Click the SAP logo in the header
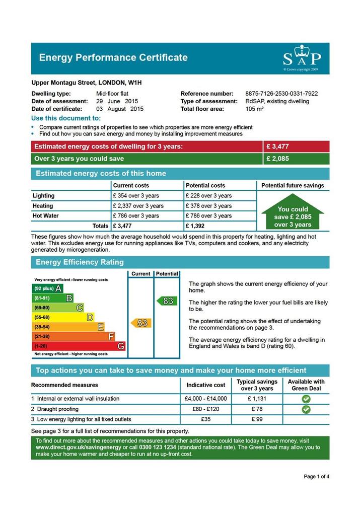click(x=301, y=57)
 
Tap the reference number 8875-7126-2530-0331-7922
click(x=281, y=94)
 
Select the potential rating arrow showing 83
click(x=167, y=301)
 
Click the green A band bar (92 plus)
click(x=48, y=288)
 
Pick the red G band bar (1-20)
click(x=79, y=346)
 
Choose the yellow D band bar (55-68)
click(x=63, y=317)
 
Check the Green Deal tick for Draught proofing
click(x=306, y=409)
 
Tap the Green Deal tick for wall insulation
click(x=306, y=399)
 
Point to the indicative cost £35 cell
click(x=205, y=419)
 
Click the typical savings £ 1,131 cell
click(x=257, y=399)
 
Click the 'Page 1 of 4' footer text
click(x=317, y=476)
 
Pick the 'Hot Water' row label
click(x=46, y=216)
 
